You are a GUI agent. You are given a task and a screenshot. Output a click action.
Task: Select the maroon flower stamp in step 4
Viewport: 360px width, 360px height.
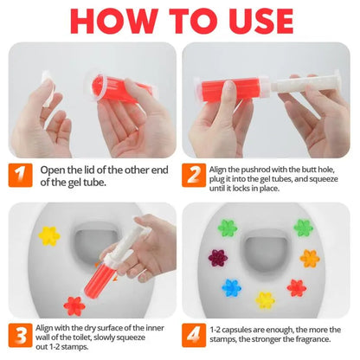(216, 259)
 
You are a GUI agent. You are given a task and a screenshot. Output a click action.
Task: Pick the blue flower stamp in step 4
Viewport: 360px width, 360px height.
(231, 286)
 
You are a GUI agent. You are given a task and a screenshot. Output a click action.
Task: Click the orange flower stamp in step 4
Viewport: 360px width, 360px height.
(309, 258)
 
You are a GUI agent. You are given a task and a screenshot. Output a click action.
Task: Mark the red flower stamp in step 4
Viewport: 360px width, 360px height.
(296, 287)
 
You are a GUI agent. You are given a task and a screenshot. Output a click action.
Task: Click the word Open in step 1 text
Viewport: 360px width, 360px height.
(53, 170)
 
